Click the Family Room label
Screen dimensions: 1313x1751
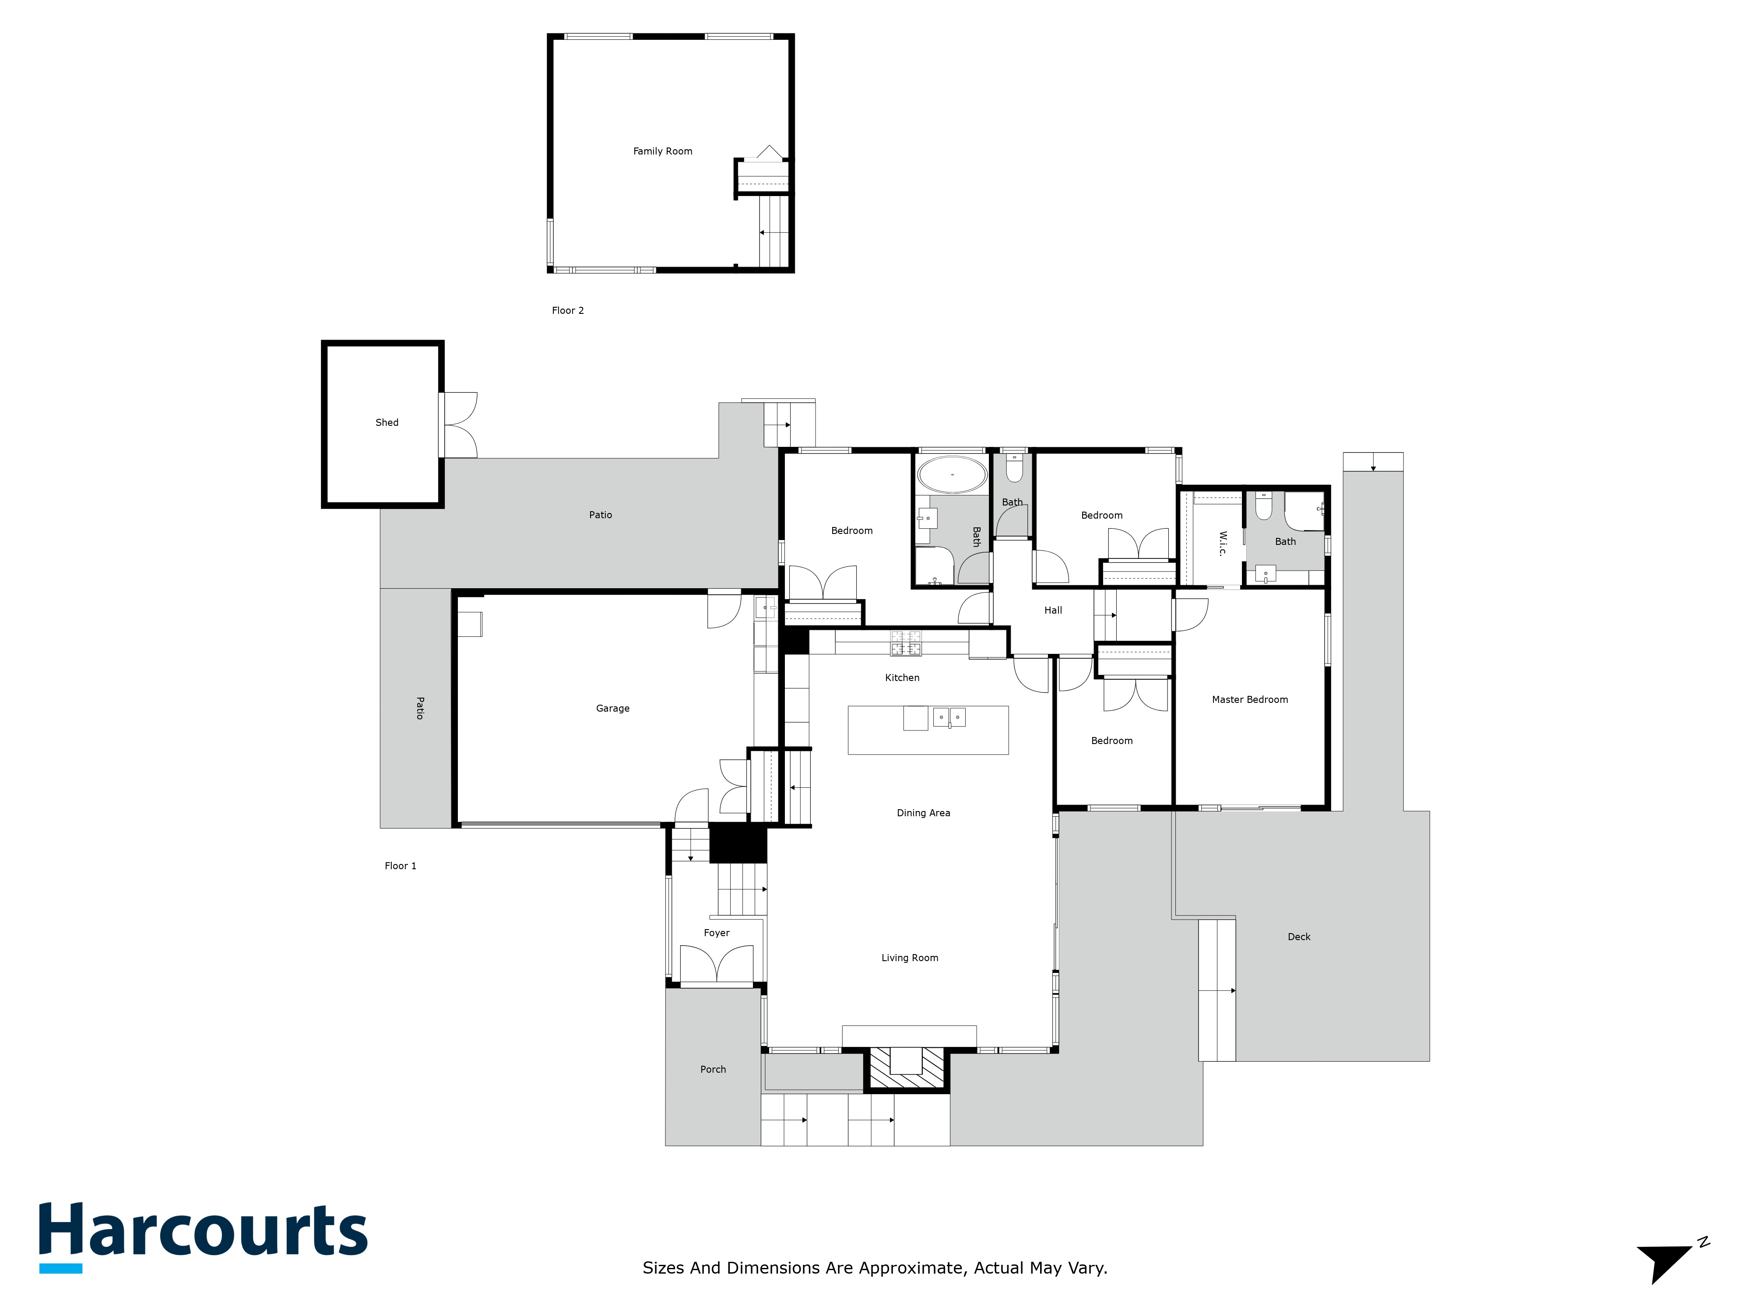coord(663,151)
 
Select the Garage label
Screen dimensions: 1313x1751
coord(613,708)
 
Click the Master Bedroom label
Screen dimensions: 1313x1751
coord(1249,700)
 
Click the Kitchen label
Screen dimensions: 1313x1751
coord(902,678)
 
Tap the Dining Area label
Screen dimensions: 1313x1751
coord(923,813)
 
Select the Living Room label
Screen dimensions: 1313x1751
coord(910,958)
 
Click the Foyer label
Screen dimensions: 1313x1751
coord(717,933)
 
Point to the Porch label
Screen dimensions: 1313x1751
coord(712,1069)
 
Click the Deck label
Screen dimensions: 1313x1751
coord(1299,937)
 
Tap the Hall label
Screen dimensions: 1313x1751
coord(1053,610)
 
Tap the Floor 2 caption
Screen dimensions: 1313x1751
coord(568,310)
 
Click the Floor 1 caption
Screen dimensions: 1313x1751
coord(401,866)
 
